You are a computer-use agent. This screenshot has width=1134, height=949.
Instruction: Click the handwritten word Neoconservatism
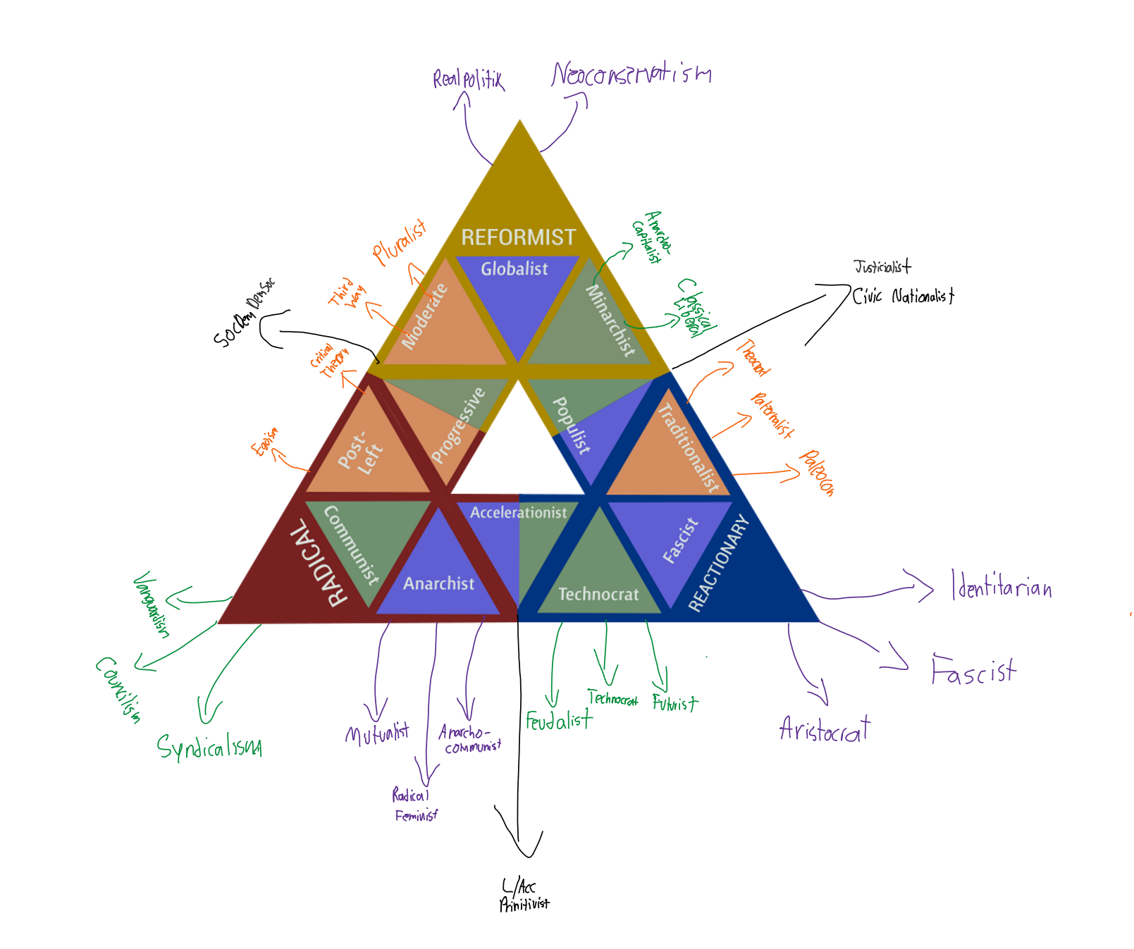click(631, 74)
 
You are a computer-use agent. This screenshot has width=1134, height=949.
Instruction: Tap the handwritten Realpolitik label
click(468, 79)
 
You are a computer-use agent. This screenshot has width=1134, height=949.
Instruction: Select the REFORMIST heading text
click(518, 237)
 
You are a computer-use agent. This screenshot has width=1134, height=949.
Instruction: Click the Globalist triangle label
click(514, 268)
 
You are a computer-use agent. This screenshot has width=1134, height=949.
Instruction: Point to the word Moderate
click(424, 316)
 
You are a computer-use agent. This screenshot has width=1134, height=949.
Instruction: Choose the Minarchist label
click(610, 320)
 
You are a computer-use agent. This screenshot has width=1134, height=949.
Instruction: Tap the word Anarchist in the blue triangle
click(438, 583)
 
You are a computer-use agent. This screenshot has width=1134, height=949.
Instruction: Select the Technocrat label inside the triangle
click(598, 594)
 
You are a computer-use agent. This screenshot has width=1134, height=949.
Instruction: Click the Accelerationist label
click(518, 512)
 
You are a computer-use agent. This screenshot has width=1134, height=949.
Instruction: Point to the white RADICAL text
click(319, 563)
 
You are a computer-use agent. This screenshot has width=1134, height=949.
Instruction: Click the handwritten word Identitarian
click(1002, 586)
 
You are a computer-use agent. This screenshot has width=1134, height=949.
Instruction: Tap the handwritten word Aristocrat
click(825, 729)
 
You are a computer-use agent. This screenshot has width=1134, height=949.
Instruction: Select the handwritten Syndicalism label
click(209, 747)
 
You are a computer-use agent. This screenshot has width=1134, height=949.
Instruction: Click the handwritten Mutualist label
click(377, 734)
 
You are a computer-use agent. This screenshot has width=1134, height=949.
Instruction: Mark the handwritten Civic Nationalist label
click(903, 296)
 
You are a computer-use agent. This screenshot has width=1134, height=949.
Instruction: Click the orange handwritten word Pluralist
click(400, 242)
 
